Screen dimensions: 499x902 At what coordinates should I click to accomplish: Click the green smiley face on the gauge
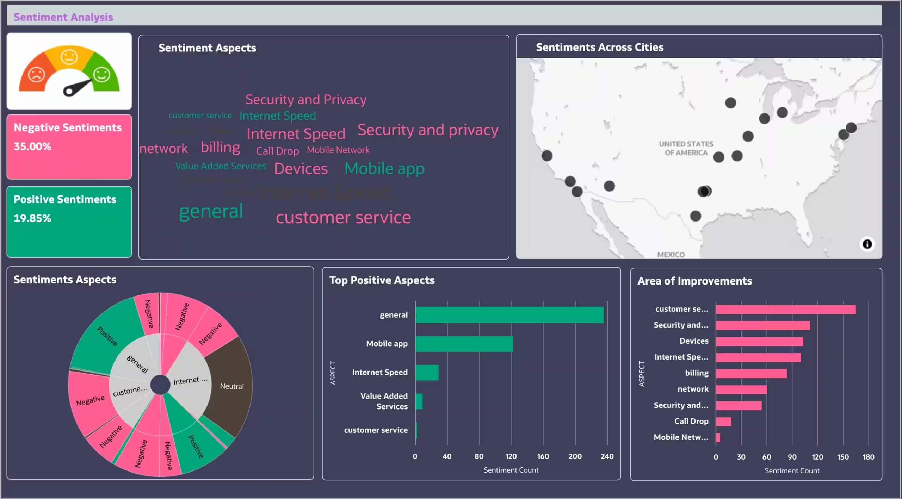[x=101, y=74]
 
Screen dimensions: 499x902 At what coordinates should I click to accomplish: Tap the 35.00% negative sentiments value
[x=32, y=146]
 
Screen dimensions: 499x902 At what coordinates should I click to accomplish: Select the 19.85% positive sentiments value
[x=32, y=218]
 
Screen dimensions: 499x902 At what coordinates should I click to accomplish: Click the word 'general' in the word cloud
[x=211, y=211]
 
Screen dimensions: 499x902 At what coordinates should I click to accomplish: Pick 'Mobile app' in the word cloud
[x=384, y=168]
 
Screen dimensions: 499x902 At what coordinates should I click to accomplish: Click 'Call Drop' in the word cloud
[x=277, y=151]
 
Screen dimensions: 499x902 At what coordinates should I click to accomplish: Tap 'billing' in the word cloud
[x=220, y=147]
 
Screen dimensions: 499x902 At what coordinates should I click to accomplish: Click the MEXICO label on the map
[x=671, y=255]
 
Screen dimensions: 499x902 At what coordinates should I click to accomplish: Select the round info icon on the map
[x=867, y=244]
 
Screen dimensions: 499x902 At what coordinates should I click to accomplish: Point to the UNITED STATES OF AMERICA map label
[x=686, y=148]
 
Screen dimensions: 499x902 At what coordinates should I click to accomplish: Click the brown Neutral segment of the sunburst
[x=231, y=386]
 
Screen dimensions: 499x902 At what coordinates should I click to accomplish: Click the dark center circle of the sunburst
[x=160, y=385]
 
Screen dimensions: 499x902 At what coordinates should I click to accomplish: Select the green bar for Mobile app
[x=464, y=344]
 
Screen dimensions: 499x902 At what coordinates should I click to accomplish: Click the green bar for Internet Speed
[x=427, y=373]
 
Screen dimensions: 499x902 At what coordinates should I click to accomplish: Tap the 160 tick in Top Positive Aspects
[x=543, y=456]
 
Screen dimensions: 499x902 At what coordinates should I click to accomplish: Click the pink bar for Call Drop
[x=723, y=422]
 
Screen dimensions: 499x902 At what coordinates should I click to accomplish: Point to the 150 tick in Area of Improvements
[x=843, y=457]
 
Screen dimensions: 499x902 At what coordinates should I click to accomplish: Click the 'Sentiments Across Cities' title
[x=599, y=47]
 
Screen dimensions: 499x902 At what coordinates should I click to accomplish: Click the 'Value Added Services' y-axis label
[x=384, y=401]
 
